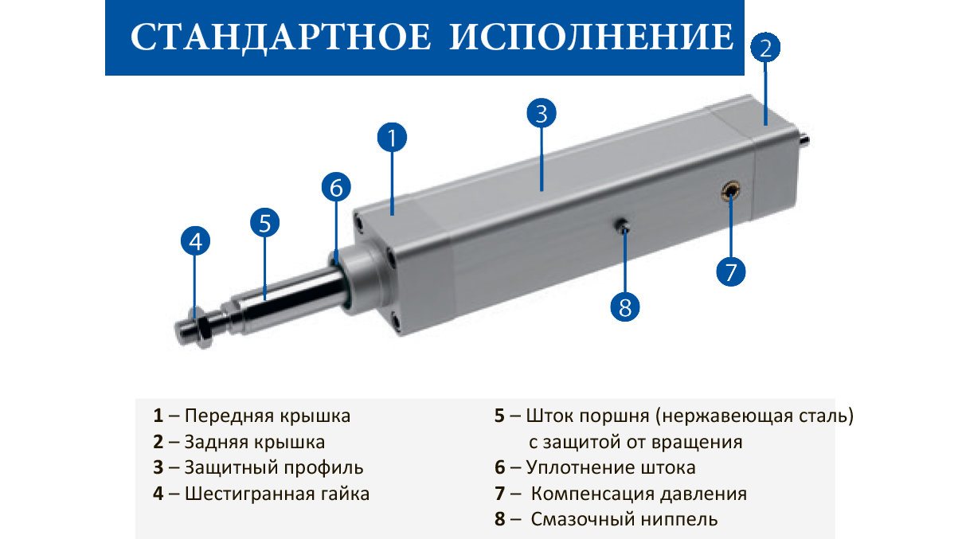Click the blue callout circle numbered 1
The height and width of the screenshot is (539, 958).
click(392, 138)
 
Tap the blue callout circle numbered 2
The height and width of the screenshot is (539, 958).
click(765, 48)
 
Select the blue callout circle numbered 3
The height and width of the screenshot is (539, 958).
click(542, 113)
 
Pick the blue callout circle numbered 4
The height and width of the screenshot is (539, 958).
click(195, 241)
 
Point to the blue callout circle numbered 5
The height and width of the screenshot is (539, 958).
click(264, 223)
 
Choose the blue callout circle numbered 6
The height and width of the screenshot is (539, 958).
click(336, 187)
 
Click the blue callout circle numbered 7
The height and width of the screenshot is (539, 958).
click(731, 271)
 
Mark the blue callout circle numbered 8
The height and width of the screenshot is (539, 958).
click(625, 307)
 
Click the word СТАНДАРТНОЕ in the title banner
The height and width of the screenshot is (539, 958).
click(281, 37)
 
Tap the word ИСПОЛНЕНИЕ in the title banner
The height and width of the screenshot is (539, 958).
click(592, 37)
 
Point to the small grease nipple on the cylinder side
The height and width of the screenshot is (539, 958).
click(623, 226)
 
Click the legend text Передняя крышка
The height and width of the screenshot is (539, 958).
click(268, 416)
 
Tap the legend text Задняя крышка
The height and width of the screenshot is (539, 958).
click(255, 442)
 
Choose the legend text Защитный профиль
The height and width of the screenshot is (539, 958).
click(274, 467)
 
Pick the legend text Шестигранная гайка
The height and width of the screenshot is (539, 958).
click(276, 494)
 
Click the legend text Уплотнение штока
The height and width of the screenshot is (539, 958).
click(611, 467)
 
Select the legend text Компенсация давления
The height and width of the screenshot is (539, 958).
click(639, 494)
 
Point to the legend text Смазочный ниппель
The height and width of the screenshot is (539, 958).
click(624, 519)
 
